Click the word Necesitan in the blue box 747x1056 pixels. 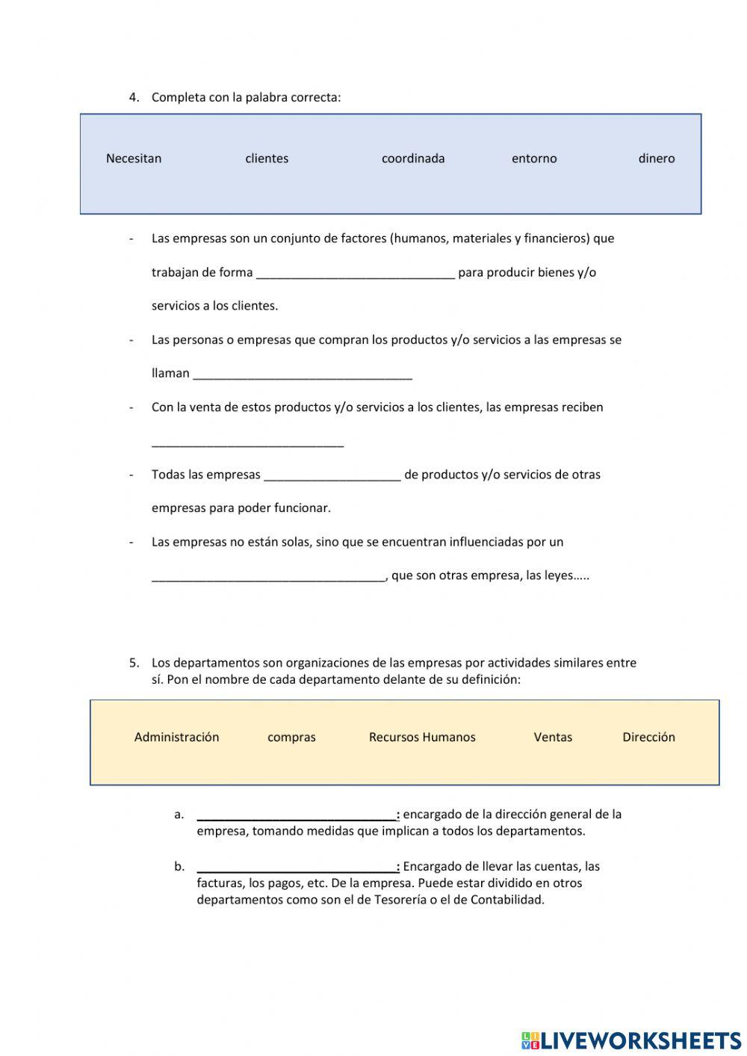pos(134,158)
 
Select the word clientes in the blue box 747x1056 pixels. pos(267,158)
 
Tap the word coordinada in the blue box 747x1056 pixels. pos(413,158)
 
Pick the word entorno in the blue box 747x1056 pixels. pos(534,158)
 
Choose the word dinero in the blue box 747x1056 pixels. pos(657,158)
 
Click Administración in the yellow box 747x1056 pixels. pos(177,737)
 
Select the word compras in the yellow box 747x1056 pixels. pos(291,737)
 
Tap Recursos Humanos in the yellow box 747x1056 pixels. pos(422,737)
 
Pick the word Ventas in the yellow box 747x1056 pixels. pos(553,737)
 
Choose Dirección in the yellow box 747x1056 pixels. pos(648,737)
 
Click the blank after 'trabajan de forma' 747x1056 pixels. pos(356,273)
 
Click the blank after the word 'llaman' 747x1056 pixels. pos(303,374)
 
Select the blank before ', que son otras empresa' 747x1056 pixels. pos(268,575)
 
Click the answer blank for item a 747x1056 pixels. pos(297,815)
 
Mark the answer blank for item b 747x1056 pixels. pos(297,867)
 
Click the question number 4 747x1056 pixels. pos(134,97)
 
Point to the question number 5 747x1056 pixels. pos(134,662)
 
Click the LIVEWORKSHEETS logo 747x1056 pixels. pos(631,1040)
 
